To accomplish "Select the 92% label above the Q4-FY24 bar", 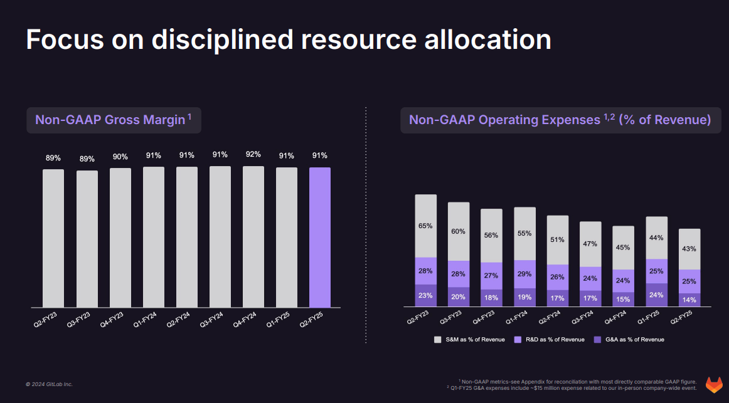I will pyautogui.click(x=253, y=154).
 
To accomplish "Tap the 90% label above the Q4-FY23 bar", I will pyautogui.click(x=120, y=156).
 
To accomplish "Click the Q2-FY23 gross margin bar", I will pyautogui.click(x=53, y=238).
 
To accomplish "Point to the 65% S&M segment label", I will pyautogui.click(x=425, y=226).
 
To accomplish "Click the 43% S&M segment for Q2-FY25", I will pyautogui.click(x=689, y=249).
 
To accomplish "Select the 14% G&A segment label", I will pyautogui.click(x=689, y=300).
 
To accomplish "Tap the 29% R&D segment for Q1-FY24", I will pyautogui.click(x=524, y=274).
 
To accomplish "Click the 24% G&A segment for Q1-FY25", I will pyautogui.click(x=656, y=295).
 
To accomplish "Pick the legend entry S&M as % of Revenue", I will pyautogui.click(x=470, y=340).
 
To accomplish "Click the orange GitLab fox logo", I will pyautogui.click(x=714, y=384).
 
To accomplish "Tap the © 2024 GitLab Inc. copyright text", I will pyautogui.click(x=49, y=384).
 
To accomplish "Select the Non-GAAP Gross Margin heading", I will pyautogui.click(x=114, y=120).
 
